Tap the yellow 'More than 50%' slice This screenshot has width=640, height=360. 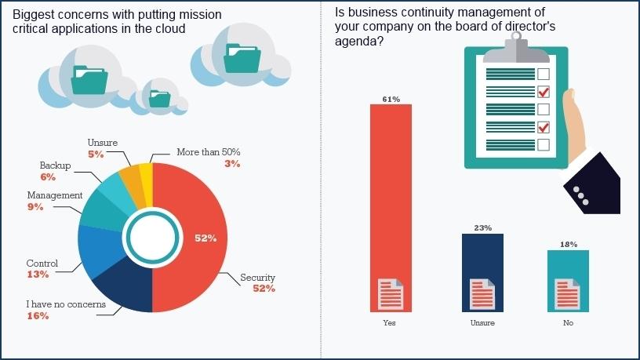click(x=146, y=174)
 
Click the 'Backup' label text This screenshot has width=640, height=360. click(x=55, y=165)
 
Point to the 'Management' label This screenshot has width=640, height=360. click(x=54, y=195)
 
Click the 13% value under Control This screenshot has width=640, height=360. click(x=37, y=275)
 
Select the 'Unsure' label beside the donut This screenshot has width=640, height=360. click(x=102, y=142)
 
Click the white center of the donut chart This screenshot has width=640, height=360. click(x=152, y=237)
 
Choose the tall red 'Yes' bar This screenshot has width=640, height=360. click(x=391, y=196)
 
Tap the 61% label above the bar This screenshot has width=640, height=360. click(x=391, y=99)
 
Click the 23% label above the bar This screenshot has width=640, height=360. click(x=482, y=228)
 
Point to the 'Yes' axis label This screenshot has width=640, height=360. click(x=391, y=322)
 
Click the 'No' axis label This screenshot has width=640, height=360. click(x=568, y=322)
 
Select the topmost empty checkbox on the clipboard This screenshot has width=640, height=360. click(x=543, y=74)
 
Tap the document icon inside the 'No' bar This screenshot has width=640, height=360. click(x=568, y=295)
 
